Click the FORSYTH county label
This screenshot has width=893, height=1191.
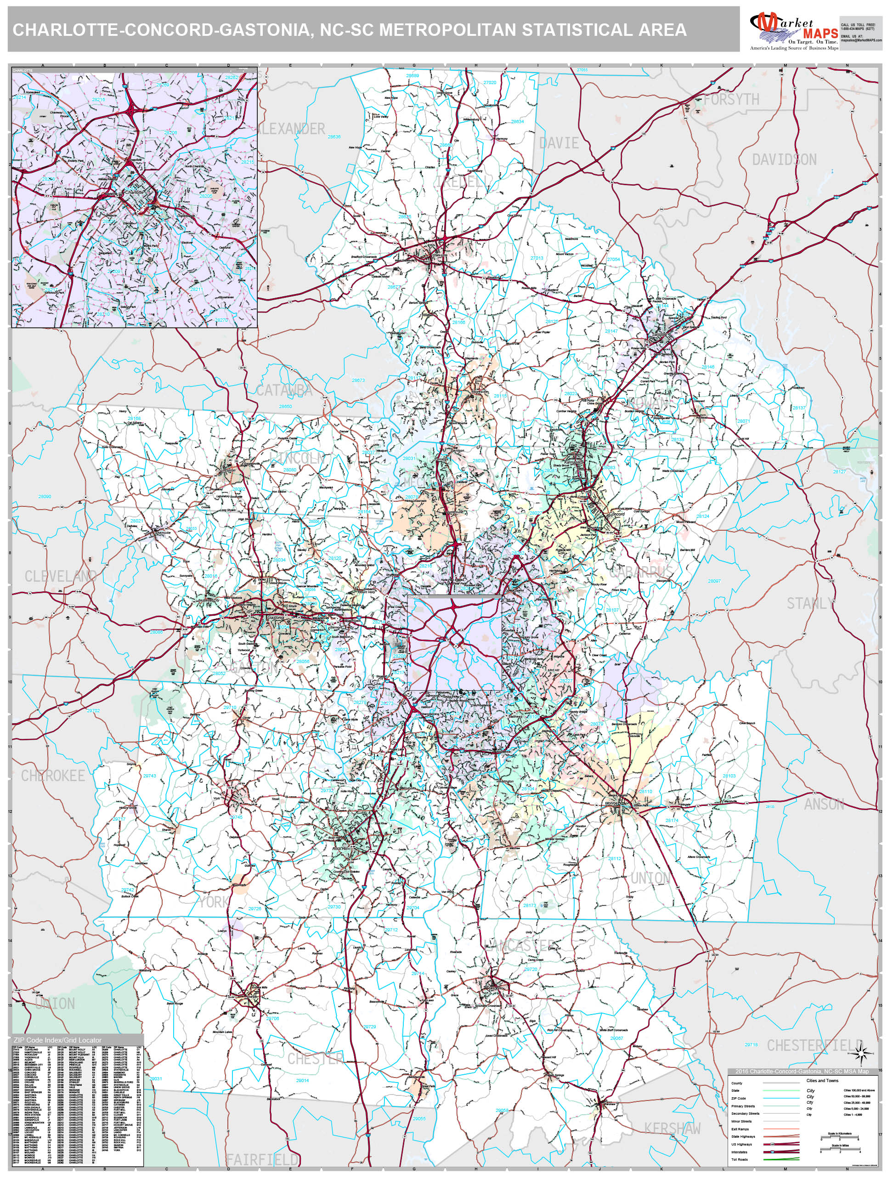pos(731,100)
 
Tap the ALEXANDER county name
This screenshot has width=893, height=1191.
pos(292,129)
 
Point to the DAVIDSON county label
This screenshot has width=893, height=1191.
pos(784,159)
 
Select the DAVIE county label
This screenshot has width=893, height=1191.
pos(559,143)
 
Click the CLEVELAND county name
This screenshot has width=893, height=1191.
pos(60,576)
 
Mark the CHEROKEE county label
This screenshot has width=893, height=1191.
pos(53,776)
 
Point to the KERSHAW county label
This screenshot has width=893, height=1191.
pos(673,1129)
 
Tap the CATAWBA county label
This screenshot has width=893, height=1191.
pos(284,391)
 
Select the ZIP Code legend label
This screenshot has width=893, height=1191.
pos(738,1098)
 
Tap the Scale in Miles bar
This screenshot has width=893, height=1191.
pos(840,1150)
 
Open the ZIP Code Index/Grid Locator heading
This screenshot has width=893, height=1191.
pos(56,1040)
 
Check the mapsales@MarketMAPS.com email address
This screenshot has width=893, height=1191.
pos(861,40)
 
